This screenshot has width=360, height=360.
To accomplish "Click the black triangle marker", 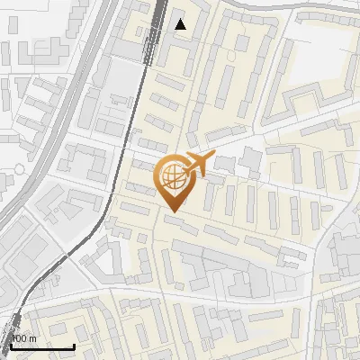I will (181, 24).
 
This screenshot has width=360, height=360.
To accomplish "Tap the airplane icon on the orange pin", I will (197, 165).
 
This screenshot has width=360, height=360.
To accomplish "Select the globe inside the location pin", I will (172, 175).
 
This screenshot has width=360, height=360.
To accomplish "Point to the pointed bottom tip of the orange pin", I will (173, 211).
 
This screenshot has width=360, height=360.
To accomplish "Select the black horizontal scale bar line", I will (40, 346).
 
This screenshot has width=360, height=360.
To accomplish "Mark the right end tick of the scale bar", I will (74, 345).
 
